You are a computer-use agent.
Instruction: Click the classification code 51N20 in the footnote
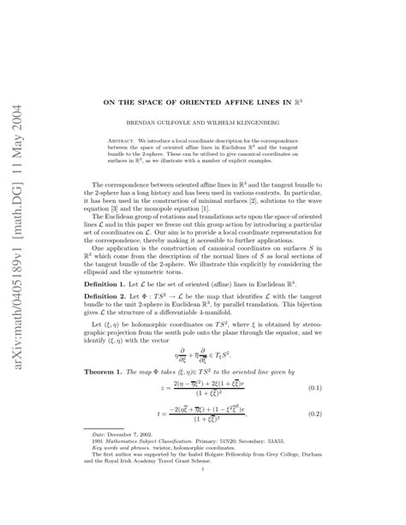point(227,467)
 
